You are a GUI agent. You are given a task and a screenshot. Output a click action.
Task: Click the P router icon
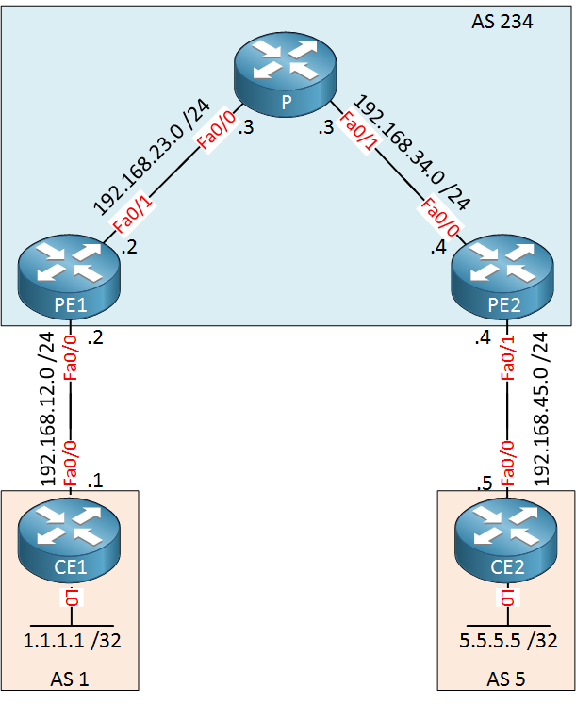(x=285, y=75)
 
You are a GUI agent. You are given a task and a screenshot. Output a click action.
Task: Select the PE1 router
(x=69, y=277)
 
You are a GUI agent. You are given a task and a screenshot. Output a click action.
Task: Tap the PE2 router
(x=502, y=277)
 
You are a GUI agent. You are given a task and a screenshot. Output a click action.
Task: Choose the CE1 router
(x=69, y=539)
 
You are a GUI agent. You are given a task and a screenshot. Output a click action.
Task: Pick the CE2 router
(x=506, y=539)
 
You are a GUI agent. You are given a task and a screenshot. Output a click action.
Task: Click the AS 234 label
(x=502, y=22)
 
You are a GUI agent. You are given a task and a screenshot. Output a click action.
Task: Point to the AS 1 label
(x=70, y=679)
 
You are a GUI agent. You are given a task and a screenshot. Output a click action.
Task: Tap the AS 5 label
(x=506, y=679)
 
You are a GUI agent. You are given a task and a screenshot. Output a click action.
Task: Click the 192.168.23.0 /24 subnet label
(x=151, y=156)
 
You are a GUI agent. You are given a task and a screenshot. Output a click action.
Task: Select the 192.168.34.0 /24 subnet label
(x=412, y=153)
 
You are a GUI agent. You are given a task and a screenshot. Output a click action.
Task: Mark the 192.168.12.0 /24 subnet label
(x=47, y=409)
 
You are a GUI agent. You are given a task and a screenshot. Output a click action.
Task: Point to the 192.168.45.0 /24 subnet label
(x=540, y=409)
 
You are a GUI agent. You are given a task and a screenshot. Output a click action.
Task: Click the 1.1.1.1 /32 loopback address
(x=73, y=641)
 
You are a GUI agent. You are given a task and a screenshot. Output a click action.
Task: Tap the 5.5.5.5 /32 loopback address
(x=508, y=641)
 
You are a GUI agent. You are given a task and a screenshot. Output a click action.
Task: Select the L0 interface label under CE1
(x=72, y=598)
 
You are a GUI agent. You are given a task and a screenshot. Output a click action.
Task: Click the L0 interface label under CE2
(x=508, y=598)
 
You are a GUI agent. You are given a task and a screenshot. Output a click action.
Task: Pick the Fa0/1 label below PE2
(x=508, y=358)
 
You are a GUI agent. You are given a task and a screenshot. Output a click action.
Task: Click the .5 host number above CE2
(x=485, y=483)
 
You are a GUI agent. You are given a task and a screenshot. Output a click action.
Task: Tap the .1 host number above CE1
(x=95, y=481)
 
